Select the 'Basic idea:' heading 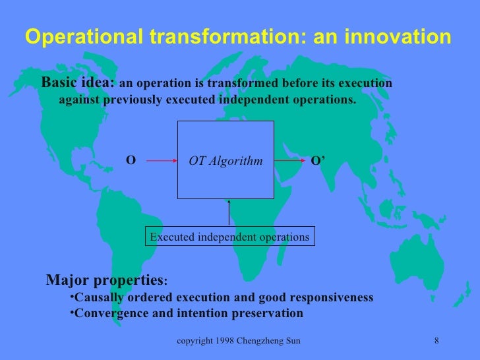78,84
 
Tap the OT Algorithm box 225,160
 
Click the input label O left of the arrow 131,160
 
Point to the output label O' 318,160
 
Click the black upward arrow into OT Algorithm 229,212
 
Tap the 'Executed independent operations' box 229,236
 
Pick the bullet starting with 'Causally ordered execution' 221,297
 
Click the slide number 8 437,340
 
